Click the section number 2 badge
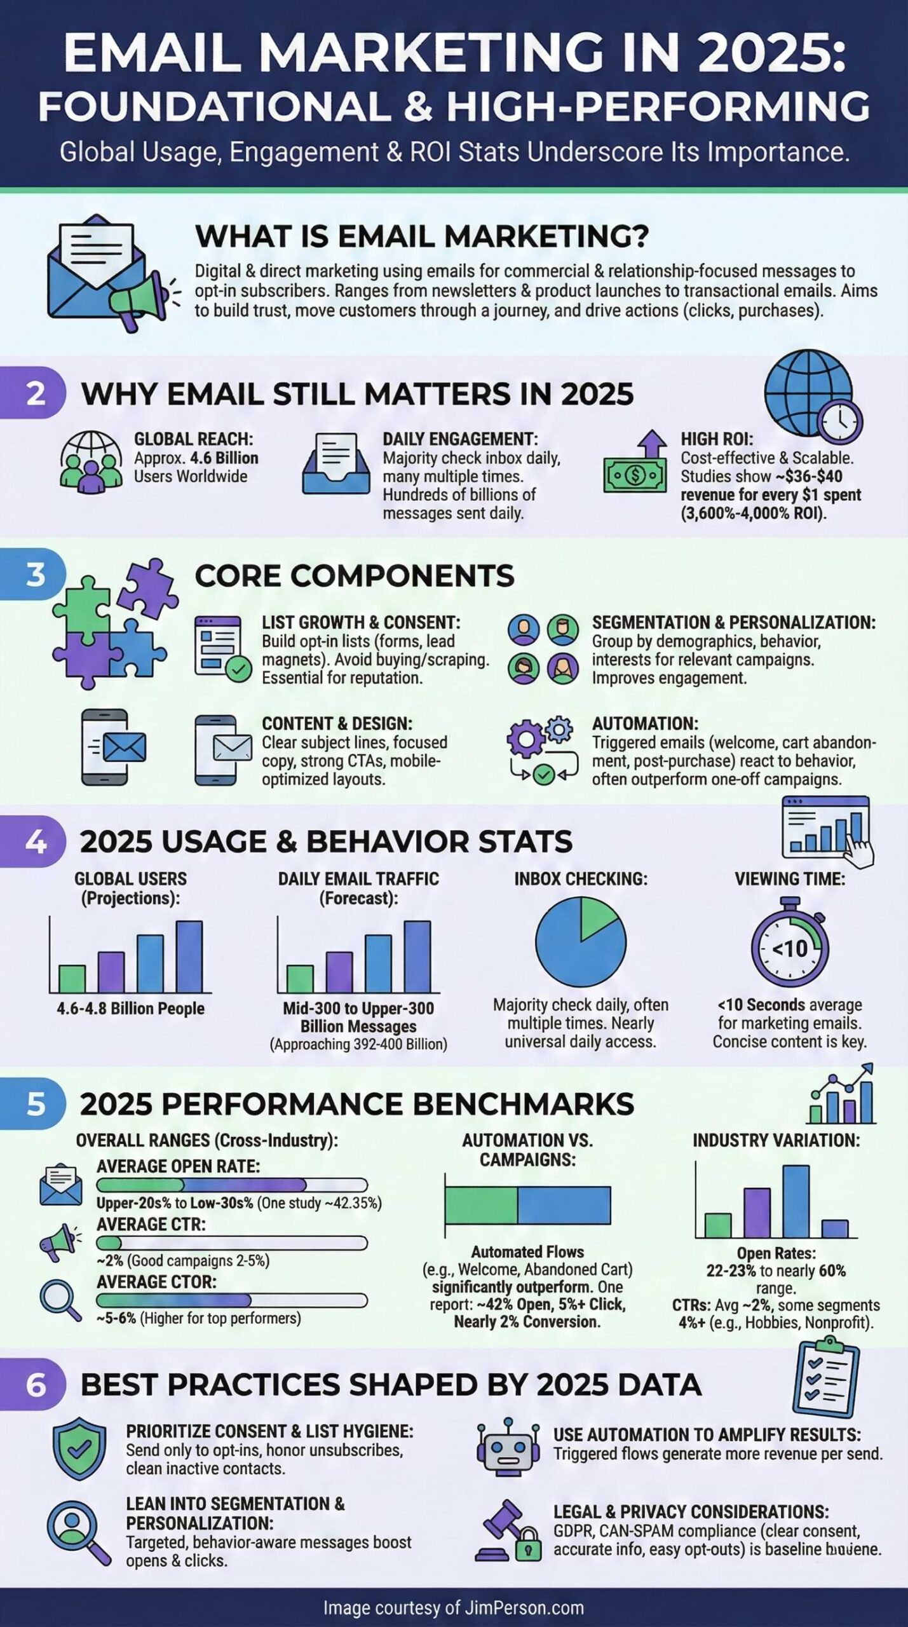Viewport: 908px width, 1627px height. (35, 393)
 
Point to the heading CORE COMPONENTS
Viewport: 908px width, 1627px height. (354, 576)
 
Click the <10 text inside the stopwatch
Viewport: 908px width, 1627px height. (790, 950)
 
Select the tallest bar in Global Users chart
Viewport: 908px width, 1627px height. (189, 956)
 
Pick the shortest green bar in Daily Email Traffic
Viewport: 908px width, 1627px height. (300, 979)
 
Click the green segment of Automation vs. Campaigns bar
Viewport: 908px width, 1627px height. (481, 1206)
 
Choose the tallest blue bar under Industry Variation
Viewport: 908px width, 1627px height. (796, 1201)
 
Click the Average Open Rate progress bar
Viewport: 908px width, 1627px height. (232, 1185)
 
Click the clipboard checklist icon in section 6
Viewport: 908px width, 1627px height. (825, 1374)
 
